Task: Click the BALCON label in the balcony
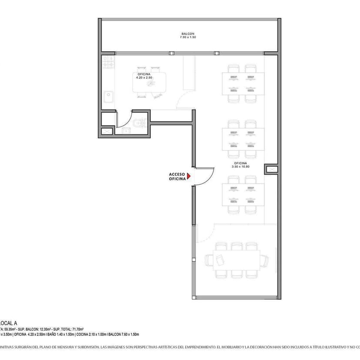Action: click(188, 33)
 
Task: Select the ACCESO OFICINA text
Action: click(177, 177)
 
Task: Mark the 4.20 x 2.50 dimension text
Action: click(144, 78)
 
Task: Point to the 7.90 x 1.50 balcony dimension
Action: click(188, 38)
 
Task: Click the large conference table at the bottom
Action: click(237, 260)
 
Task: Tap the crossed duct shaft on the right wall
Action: click(270, 169)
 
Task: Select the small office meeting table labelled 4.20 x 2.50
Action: click(149, 83)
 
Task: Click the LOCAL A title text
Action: click(9, 323)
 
